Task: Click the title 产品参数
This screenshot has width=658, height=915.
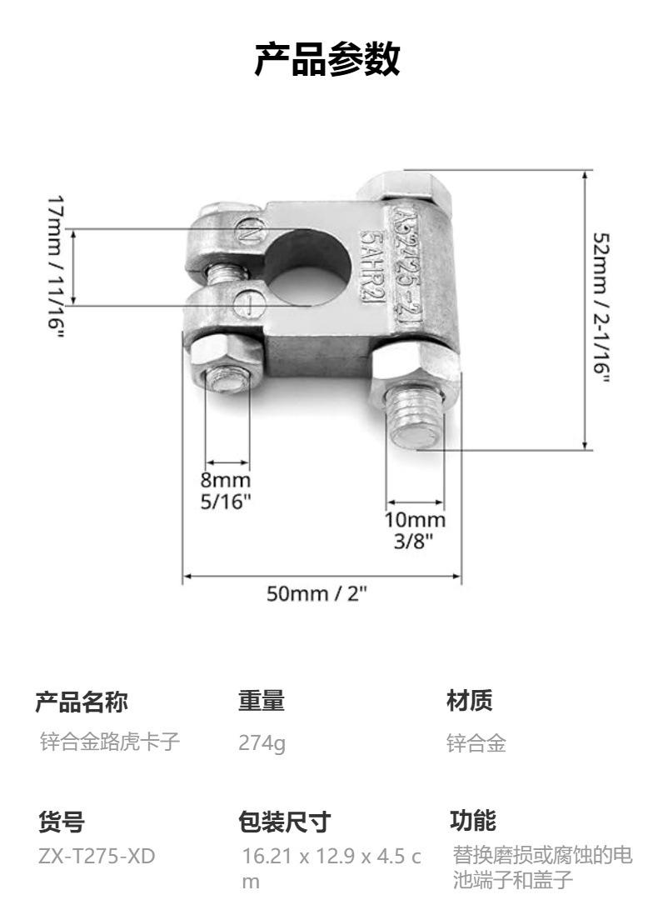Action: [328, 60]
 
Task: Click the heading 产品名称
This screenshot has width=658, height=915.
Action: [81, 702]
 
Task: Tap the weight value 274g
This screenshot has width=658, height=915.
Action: [262, 743]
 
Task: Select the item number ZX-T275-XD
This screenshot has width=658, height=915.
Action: [97, 856]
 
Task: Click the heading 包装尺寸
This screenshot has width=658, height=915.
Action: [284, 822]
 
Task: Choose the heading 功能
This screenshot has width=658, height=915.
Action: [472, 821]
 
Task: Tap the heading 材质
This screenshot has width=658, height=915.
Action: [469, 702]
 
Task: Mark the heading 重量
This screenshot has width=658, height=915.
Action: [261, 702]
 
